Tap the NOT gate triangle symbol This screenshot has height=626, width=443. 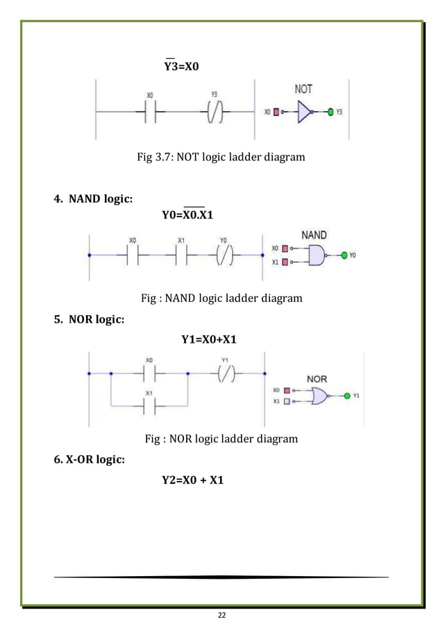click(x=304, y=111)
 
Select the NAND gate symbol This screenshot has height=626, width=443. click(x=316, y=256)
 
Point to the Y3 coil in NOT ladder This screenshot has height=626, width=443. click(x=214, y=111)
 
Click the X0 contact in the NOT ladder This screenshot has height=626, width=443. click(x=151, y=111)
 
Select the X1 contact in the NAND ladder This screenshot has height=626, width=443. click(x=181, y=256)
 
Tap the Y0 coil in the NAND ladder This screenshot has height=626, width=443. click(x=223, y=256)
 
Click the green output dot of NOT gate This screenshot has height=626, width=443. click(x=331, y=111)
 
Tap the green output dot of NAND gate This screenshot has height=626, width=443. click(x=343, y=256)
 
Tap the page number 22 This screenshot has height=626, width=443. click(x=221, y=614)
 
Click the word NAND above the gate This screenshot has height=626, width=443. click(x=315, y=235)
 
